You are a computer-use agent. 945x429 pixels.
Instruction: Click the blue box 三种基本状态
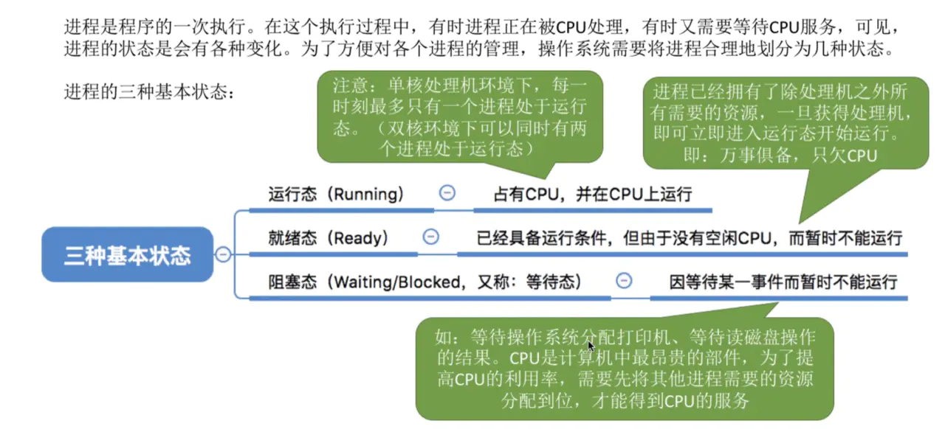127,255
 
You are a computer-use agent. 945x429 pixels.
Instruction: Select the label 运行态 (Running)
336,195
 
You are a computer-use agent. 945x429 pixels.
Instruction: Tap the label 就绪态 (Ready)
329,237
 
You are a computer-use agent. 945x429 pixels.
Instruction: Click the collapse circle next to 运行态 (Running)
447,193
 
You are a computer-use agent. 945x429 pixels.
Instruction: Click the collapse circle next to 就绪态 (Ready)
430,237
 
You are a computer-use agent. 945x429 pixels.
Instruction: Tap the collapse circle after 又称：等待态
624,281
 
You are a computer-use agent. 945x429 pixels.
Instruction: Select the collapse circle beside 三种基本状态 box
222,255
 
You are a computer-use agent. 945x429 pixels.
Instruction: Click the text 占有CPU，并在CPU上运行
592,195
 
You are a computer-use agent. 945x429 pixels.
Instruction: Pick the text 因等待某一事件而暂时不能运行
783,282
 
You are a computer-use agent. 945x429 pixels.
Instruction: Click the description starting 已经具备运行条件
690,237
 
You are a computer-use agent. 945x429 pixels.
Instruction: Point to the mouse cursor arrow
591,346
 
